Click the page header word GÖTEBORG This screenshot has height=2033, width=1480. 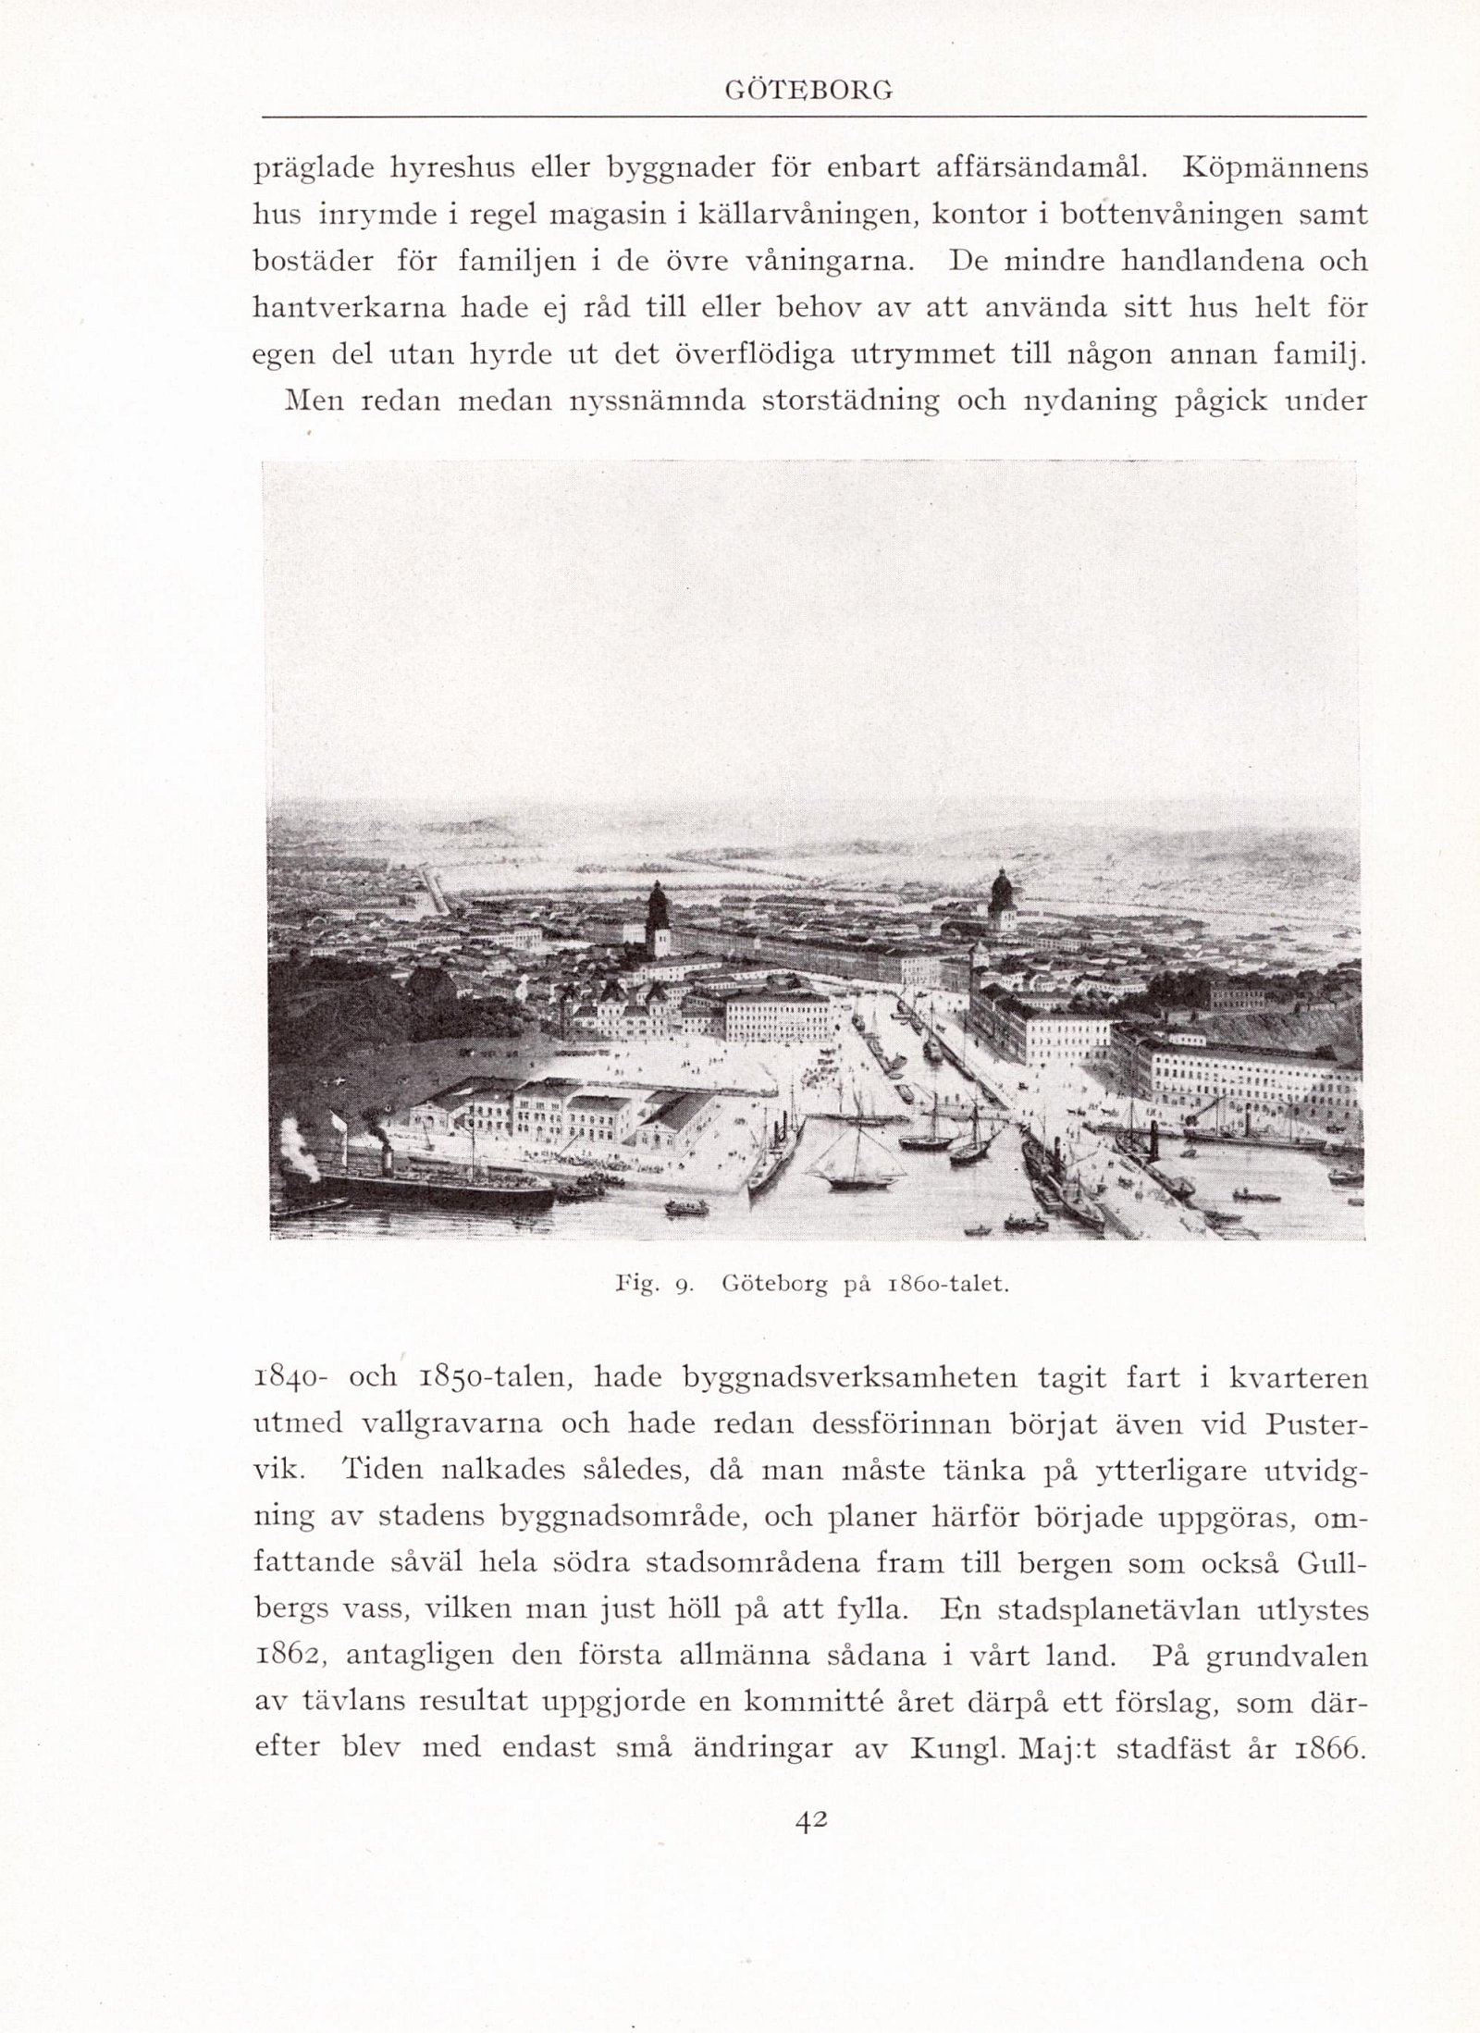(x=808, y=90)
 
